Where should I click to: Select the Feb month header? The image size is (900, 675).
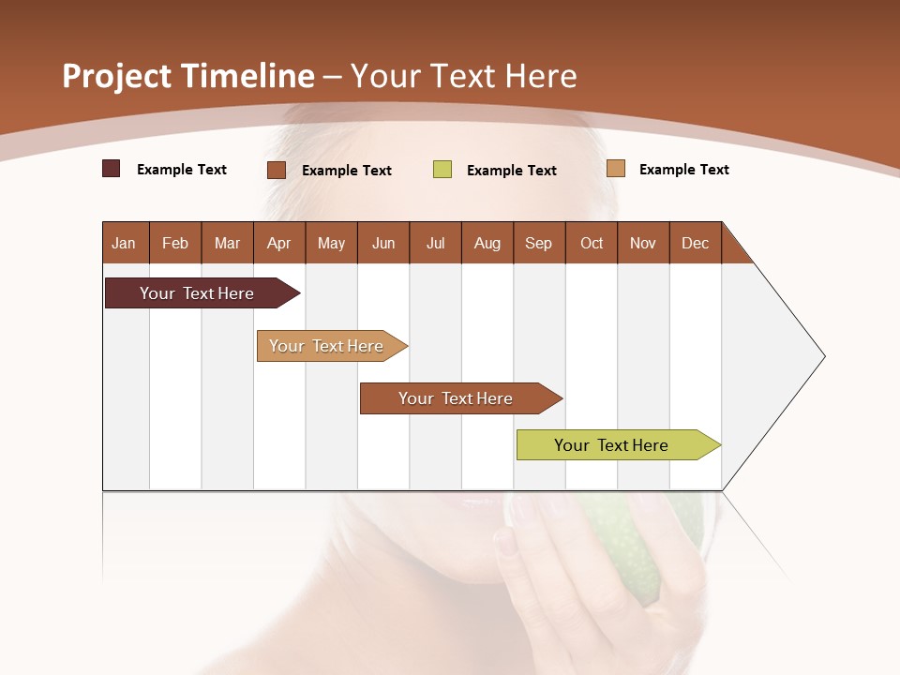pos(175,243)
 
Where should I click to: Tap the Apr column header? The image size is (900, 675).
pos(278,243)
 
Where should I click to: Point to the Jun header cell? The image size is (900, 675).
pos(383,243)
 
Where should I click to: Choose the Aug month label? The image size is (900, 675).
pos(487,243)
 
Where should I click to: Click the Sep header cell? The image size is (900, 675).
pos(538,243)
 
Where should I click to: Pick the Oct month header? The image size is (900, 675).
pos(592,243)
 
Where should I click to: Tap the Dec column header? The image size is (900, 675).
pos(695,243)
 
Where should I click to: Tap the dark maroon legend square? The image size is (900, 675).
pos(111,169)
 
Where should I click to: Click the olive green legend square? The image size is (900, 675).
pos(442,170)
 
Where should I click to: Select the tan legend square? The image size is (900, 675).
pos(615,169)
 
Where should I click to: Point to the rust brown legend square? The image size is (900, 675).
pos(277,170)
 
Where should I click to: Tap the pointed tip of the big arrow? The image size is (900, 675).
pos(822,356)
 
